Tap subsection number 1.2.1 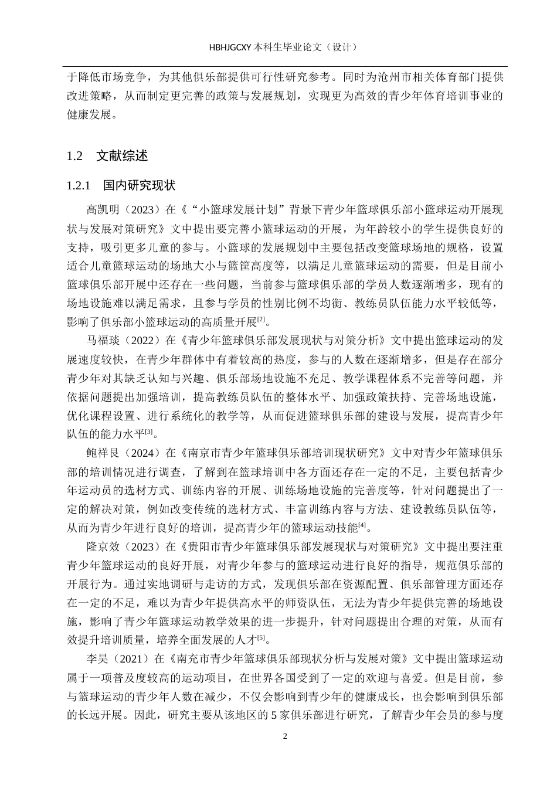point(79,186)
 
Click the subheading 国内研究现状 point(140,186)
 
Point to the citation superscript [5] point(261,638)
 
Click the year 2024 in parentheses point(141,453)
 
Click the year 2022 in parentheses point(141,339)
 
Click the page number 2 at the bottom point(285,736)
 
